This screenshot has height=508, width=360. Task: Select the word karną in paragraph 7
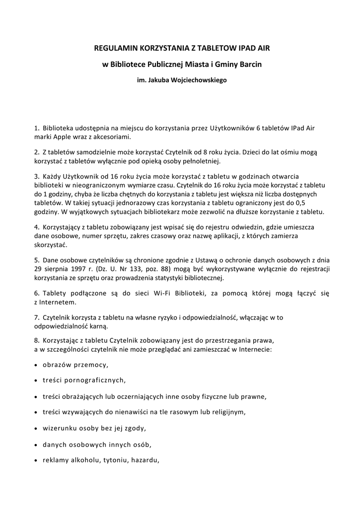97,326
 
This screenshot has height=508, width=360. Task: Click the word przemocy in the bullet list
91,365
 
